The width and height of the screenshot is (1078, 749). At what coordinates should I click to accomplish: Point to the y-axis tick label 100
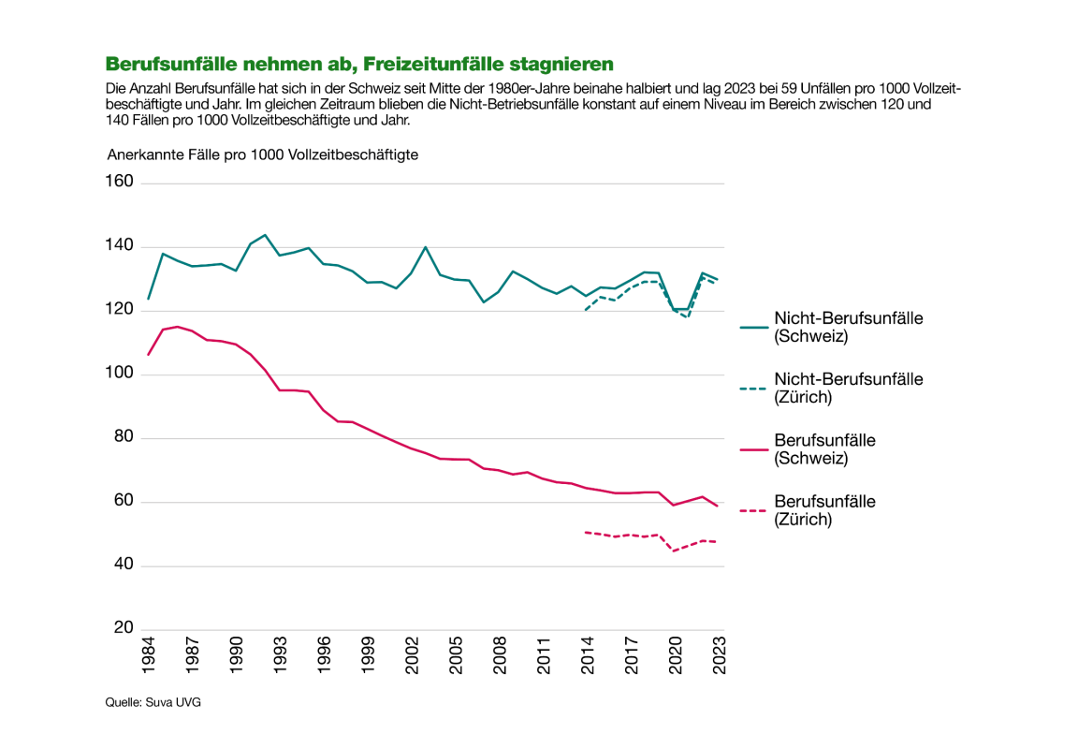(x=121, y=374)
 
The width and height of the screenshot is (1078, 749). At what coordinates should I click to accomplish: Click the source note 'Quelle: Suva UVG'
(x=153, y=702)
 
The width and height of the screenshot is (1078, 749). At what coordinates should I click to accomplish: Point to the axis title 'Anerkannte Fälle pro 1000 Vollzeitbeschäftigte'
(x=262, y=154)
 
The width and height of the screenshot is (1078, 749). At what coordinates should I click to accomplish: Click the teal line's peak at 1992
(x=265, y=235)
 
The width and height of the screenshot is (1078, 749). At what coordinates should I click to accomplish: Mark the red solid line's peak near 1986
(x=178, y=327)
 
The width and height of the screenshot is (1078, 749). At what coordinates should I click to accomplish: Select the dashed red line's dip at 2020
(x=673, y=551)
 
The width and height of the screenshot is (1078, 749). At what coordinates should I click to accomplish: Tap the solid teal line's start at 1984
(x=148, y=300)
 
